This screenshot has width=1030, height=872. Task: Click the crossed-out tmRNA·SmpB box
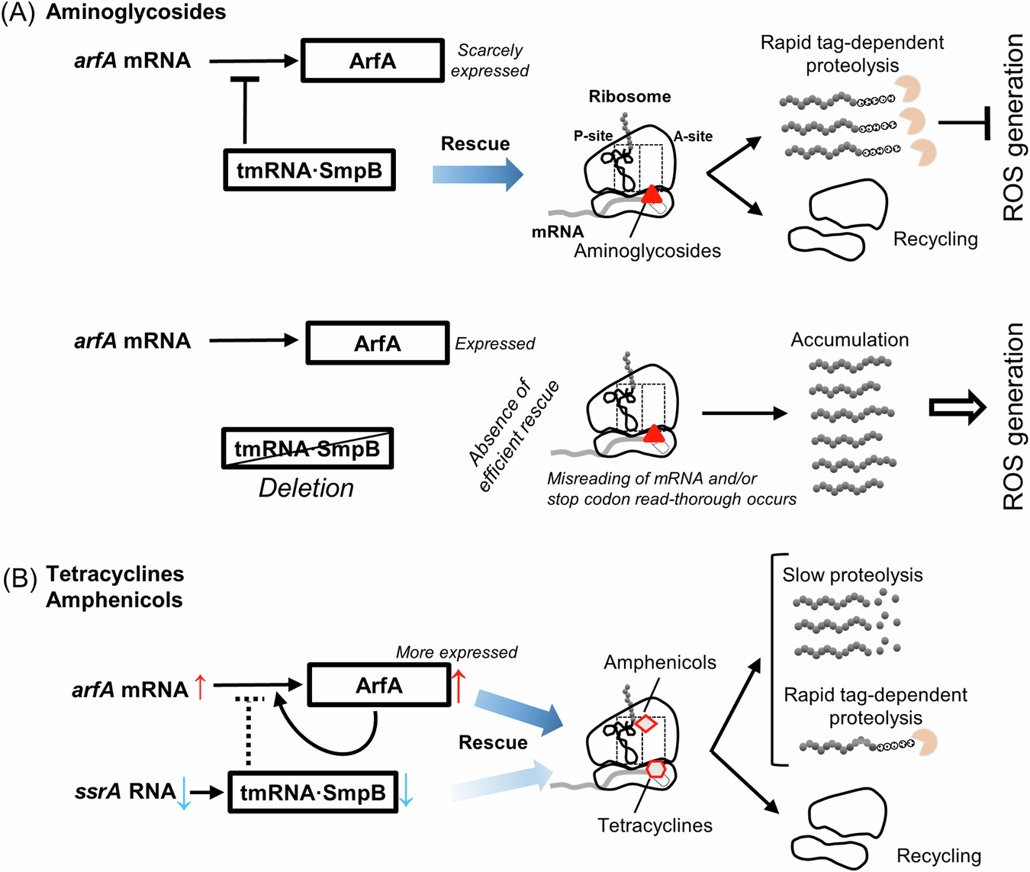click(307, 449)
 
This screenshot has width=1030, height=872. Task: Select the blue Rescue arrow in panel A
click(478, 175)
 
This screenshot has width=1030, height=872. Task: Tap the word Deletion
click(307, 488)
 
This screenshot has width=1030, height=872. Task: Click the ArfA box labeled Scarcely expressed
click(372, 60)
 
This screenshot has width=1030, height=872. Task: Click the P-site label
click(593, 136)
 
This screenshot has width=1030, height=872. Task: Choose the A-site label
click(693, 137)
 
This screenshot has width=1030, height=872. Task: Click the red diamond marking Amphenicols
click(646, 722)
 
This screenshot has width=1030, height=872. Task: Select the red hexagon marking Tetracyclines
click(655, 769)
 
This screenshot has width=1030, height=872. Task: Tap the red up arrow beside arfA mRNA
click(200, 687)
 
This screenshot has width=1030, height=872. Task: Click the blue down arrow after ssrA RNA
click(183, 793)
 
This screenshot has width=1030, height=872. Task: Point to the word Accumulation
click(849, 339)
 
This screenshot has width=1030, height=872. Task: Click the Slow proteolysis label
click(852, 575)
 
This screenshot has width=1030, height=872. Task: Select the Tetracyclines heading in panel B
click(115, 574)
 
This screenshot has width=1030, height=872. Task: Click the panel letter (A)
click(18, 13)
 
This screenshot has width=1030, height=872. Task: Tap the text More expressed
click(456, 652)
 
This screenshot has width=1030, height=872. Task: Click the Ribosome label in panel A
click(629, 97)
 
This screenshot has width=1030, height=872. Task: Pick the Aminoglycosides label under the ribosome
click(647, 251)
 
